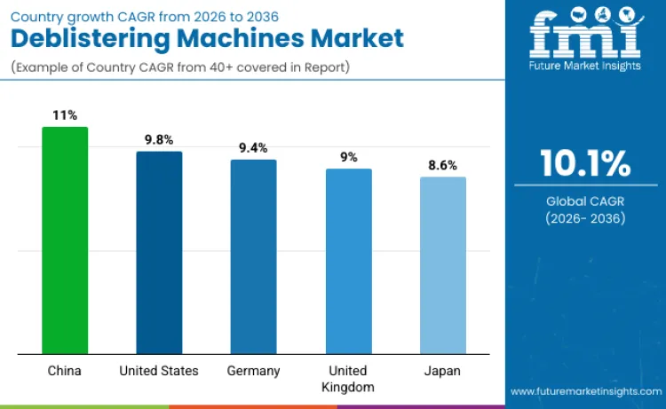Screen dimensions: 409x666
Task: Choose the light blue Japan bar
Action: (443, 265)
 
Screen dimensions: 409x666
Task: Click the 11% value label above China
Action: (65, 115)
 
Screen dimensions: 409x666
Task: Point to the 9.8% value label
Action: (159, 139)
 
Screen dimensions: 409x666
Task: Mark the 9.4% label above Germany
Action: (254, 147)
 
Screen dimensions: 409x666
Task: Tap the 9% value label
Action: (349, 156)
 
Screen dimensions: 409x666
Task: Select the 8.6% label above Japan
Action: (443, 165)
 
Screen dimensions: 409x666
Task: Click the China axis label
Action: (65, 371)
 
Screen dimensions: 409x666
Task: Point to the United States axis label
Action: (159, 371)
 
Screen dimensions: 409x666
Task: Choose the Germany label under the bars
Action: (254, 371)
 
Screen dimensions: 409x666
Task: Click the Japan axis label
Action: (443, 371)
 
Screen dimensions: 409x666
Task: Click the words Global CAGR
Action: (585, 201)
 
